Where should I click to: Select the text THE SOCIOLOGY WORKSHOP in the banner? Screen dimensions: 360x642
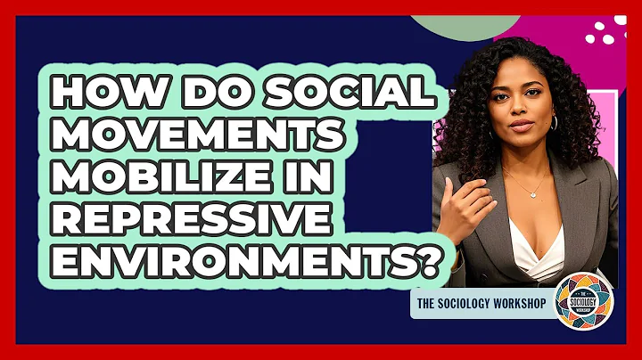pyautogui.click(x=481, y=301)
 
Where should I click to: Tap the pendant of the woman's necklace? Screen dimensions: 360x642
pyautogui.click(x=533, y=194)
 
